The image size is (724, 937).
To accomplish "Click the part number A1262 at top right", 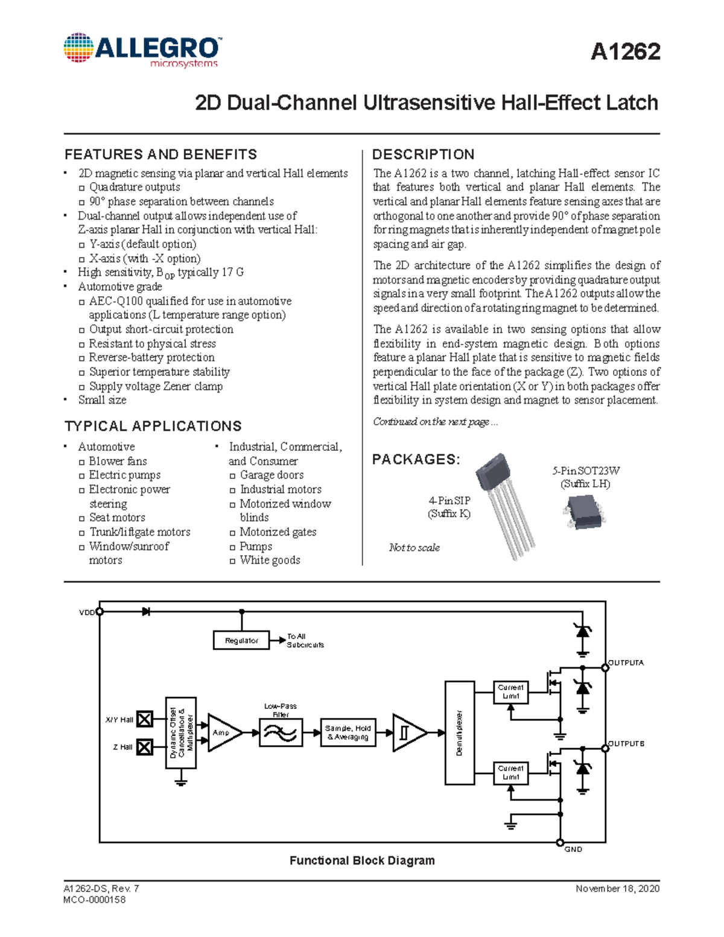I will coord(625,52).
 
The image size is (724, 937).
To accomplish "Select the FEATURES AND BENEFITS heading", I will coord(160,154).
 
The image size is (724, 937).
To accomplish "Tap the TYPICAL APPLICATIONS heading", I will coord(153,426).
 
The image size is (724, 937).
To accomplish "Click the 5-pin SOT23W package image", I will coord(584,512).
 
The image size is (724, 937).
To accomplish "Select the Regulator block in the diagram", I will coord(241,640).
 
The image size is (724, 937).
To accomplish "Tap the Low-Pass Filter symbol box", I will coord(281,732).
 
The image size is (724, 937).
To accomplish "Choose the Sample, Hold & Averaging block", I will coord(348,732).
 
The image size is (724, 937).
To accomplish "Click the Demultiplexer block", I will coord(459,732).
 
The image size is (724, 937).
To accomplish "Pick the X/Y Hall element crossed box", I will coord(144,719).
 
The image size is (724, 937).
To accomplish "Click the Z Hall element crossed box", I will coord(144,747).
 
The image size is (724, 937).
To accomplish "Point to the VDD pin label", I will coord(86,612).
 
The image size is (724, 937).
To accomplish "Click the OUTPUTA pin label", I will coord(626,662).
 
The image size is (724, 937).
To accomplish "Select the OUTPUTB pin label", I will coord(626,743).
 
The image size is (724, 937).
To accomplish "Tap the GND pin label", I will coord(573,849).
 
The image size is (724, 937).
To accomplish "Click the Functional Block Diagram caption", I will coord(362,860).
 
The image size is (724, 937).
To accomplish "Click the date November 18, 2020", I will coord(617,888).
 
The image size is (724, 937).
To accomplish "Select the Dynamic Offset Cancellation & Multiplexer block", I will coord(181,732).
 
